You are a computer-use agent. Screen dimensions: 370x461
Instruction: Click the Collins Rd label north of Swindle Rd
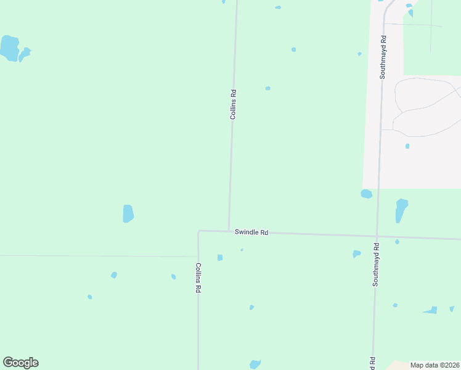click(x=233, y=104)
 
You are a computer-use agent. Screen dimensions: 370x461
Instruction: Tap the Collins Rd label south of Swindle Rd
click(x=198, y=277)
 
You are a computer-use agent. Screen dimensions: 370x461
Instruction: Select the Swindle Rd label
click(x=251, y=232)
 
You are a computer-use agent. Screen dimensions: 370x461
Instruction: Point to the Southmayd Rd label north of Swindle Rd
click(x=383, y=61)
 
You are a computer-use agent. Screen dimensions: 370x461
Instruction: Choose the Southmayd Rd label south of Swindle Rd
click(x=375, y=264)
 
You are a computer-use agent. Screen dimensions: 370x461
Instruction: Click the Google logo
click(x=20, y=363)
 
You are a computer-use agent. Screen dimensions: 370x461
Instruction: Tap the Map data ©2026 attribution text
click(x=434, y=365)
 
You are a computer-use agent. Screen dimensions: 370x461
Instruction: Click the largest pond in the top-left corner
click(x=9, y=48)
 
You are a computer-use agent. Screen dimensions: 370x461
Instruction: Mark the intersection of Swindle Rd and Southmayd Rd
click(x=377, y=236)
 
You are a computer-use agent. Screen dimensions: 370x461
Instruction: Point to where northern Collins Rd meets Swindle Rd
click(x=229, y=231)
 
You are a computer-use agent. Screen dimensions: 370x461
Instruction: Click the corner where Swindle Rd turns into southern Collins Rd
click(x=198, y=231)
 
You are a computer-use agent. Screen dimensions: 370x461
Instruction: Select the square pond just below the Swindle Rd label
click(x=220, y=257)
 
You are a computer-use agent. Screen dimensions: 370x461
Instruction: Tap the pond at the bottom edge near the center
click(x=255, y=364)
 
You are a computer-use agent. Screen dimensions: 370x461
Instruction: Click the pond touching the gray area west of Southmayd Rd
click(x=366, y=194)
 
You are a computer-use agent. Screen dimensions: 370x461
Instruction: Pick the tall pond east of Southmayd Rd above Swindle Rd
click(x=401, y=210)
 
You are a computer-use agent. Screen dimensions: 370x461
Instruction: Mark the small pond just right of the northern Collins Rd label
click(x=268, y=88)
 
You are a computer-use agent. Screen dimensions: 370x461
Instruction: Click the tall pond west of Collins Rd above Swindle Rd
click(x=128, y=213)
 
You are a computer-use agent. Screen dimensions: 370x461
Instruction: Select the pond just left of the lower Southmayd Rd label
click(x=356, y=253)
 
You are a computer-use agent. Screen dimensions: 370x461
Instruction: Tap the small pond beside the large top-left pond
click(x=25, y=54)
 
